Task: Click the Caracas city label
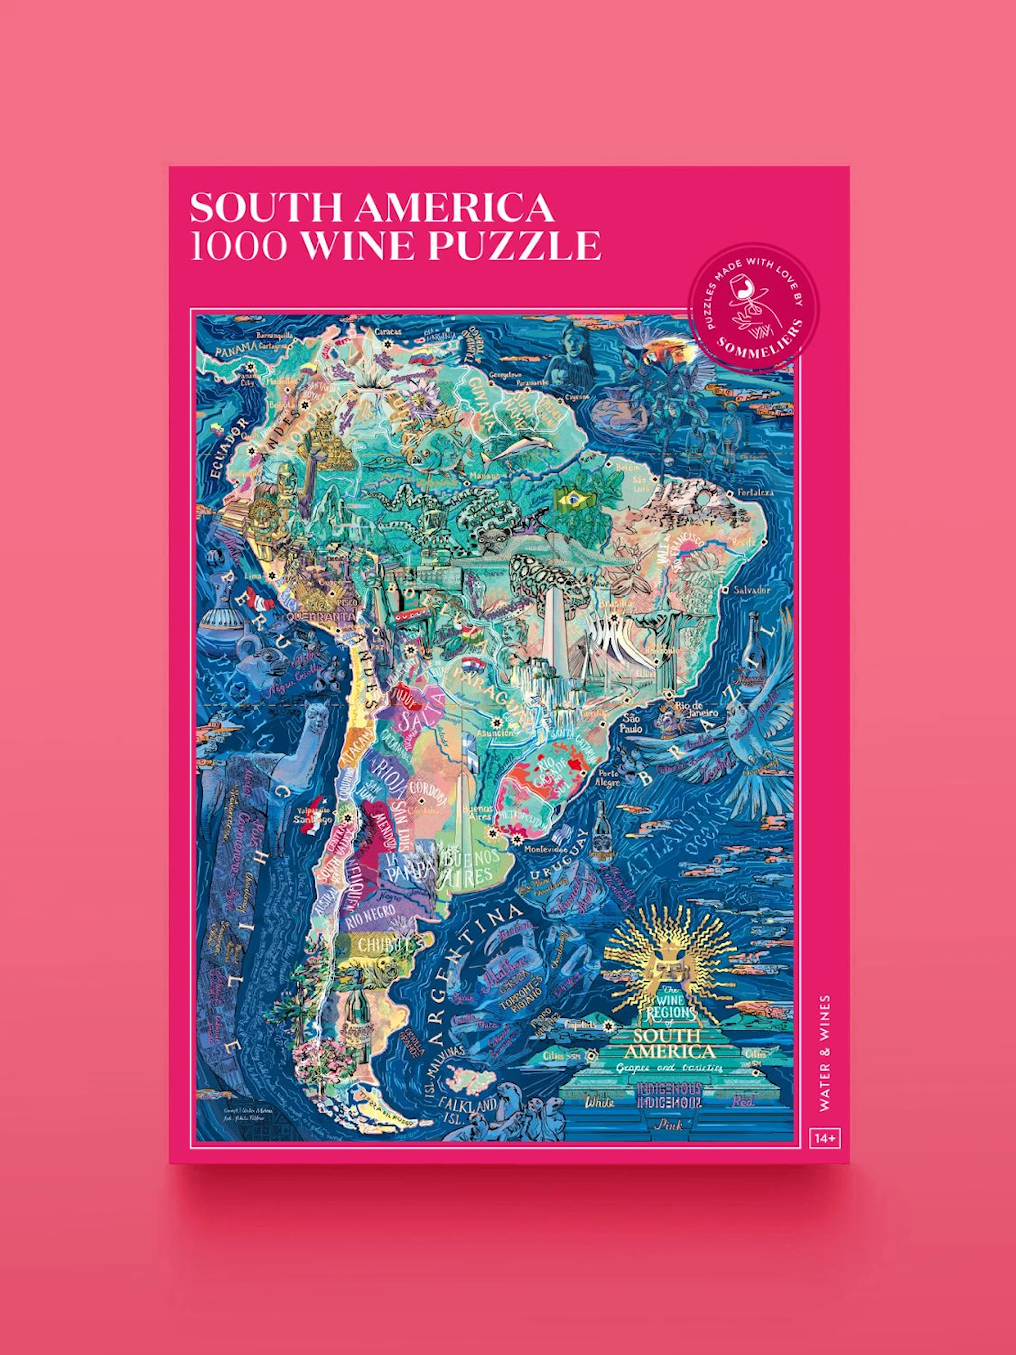pos(387,332)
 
